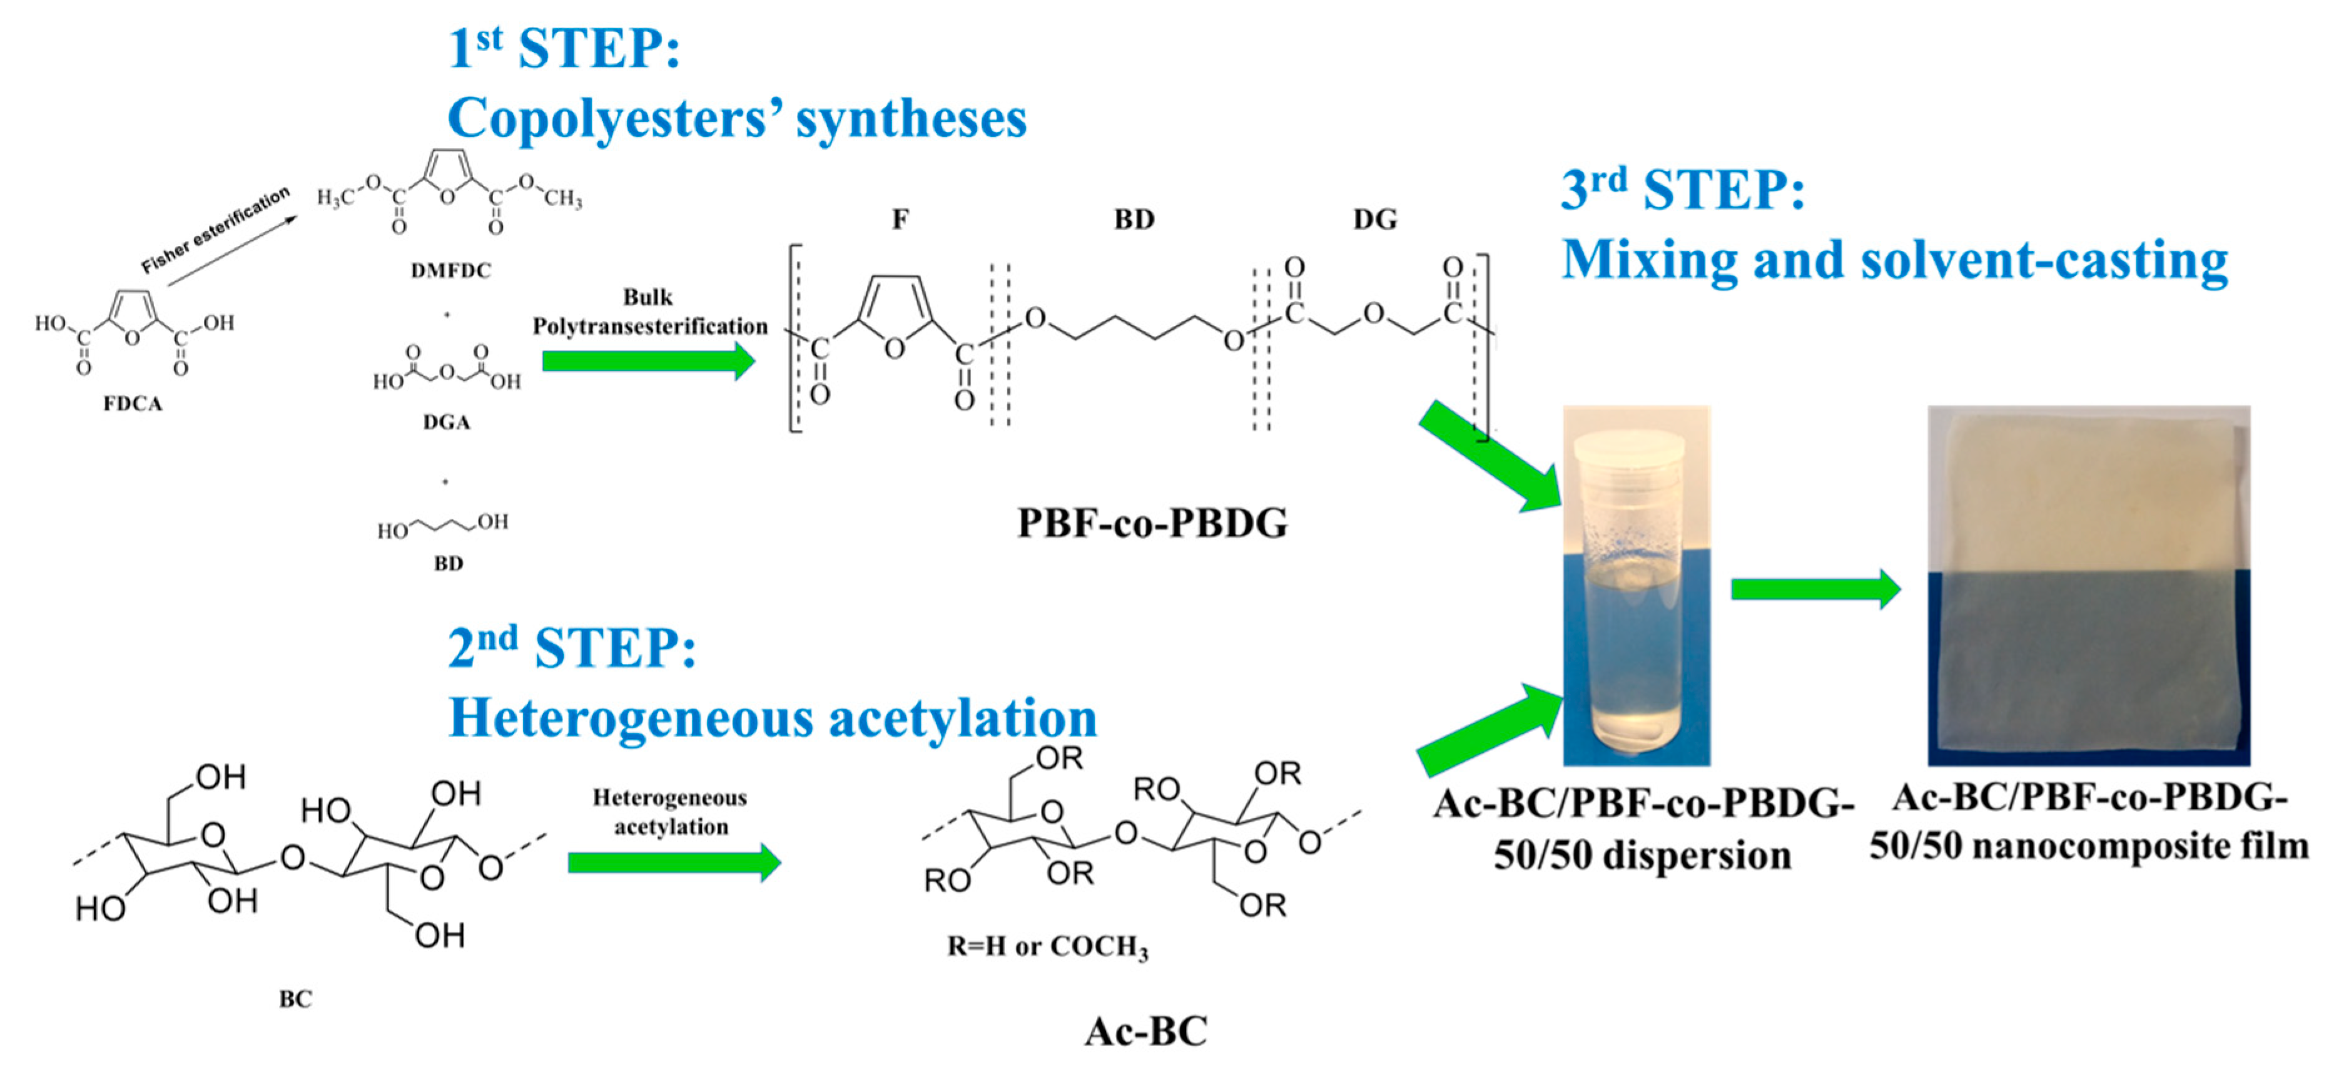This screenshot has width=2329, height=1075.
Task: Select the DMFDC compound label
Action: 450,270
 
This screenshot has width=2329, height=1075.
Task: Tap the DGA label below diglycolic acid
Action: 447,422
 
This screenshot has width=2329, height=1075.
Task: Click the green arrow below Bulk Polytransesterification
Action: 647,362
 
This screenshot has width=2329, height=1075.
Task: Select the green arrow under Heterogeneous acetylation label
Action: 674,862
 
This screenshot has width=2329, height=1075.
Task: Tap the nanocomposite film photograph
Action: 2089,586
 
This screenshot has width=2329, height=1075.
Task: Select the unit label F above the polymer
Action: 900,220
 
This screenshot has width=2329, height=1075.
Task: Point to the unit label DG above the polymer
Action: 1374,220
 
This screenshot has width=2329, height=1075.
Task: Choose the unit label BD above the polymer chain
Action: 1134,220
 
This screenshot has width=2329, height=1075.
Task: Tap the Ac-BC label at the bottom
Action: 1145,1031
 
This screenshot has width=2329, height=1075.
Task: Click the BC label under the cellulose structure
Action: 295,999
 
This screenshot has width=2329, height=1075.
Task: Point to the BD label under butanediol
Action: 449,563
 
